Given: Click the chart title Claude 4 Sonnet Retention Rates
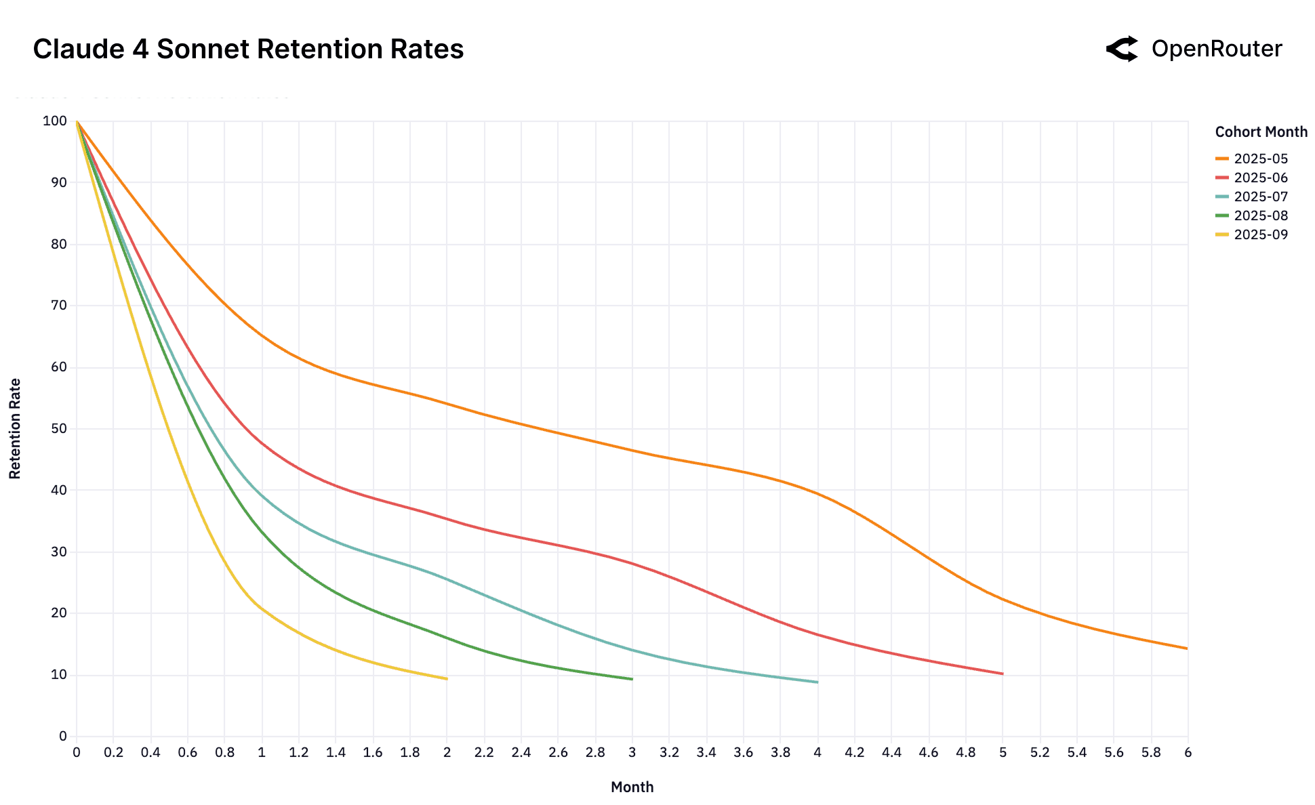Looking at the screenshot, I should (248, 49).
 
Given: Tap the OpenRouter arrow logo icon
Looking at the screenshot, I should (1122, 49).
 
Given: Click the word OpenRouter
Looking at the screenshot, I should (1216, 49).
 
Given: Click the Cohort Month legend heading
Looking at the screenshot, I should (1261, 132).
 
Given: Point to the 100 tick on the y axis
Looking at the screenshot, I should (55, 121).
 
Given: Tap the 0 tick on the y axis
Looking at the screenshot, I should (63, 736).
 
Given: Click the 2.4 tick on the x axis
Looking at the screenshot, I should (521, 752).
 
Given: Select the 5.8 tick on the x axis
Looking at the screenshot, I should (1150, 752).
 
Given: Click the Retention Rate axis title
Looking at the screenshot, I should (15, 428).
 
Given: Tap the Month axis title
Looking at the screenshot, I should (632, 787).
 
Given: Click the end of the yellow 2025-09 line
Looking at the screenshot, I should (447, 678).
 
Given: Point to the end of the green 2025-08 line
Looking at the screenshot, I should (632, 679).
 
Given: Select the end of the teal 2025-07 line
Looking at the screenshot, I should (817, 682).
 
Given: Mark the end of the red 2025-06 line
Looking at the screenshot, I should (1003, 674).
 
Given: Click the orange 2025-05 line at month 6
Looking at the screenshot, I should (1186, 648).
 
